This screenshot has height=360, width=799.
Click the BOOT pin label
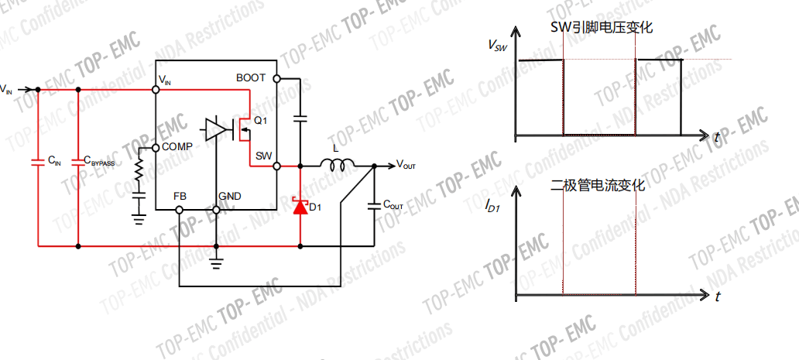(x=251, y=78)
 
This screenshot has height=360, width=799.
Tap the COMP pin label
(x=177, y=147)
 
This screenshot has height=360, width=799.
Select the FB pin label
(x=180, y=196)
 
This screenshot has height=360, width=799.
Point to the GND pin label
(x=230, y=196)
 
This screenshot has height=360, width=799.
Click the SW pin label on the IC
(x=263, y=155)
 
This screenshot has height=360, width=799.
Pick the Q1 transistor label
(x=260, y=121)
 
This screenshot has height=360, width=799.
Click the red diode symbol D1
(x=300, y=205)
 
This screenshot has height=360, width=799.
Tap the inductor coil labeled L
(x=338, y=163)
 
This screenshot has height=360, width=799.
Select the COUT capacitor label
(x=393, y=205)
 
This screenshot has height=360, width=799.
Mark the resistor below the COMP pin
(x=139, y=172)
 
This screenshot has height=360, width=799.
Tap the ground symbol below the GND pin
(x=216, y=263)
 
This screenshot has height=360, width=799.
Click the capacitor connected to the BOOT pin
(x=300, y=118)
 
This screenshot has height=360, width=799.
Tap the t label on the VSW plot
(x=718, y=139)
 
